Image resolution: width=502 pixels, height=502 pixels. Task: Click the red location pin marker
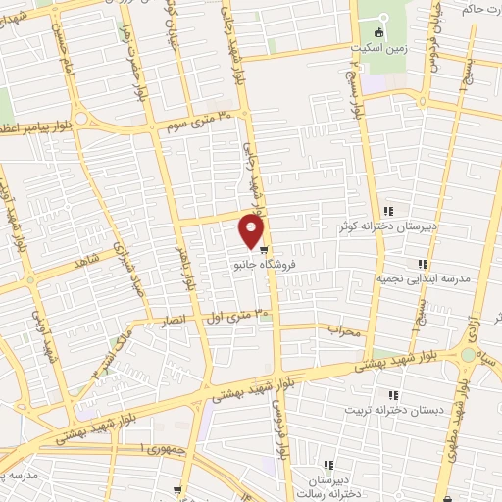(252, 231)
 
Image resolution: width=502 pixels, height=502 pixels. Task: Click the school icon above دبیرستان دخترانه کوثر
(389, 210)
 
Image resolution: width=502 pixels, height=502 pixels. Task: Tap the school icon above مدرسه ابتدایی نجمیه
(423, 264)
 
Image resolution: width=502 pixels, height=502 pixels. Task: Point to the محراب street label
(345, 330)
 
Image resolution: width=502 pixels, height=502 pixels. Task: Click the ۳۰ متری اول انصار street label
(220, 317)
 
